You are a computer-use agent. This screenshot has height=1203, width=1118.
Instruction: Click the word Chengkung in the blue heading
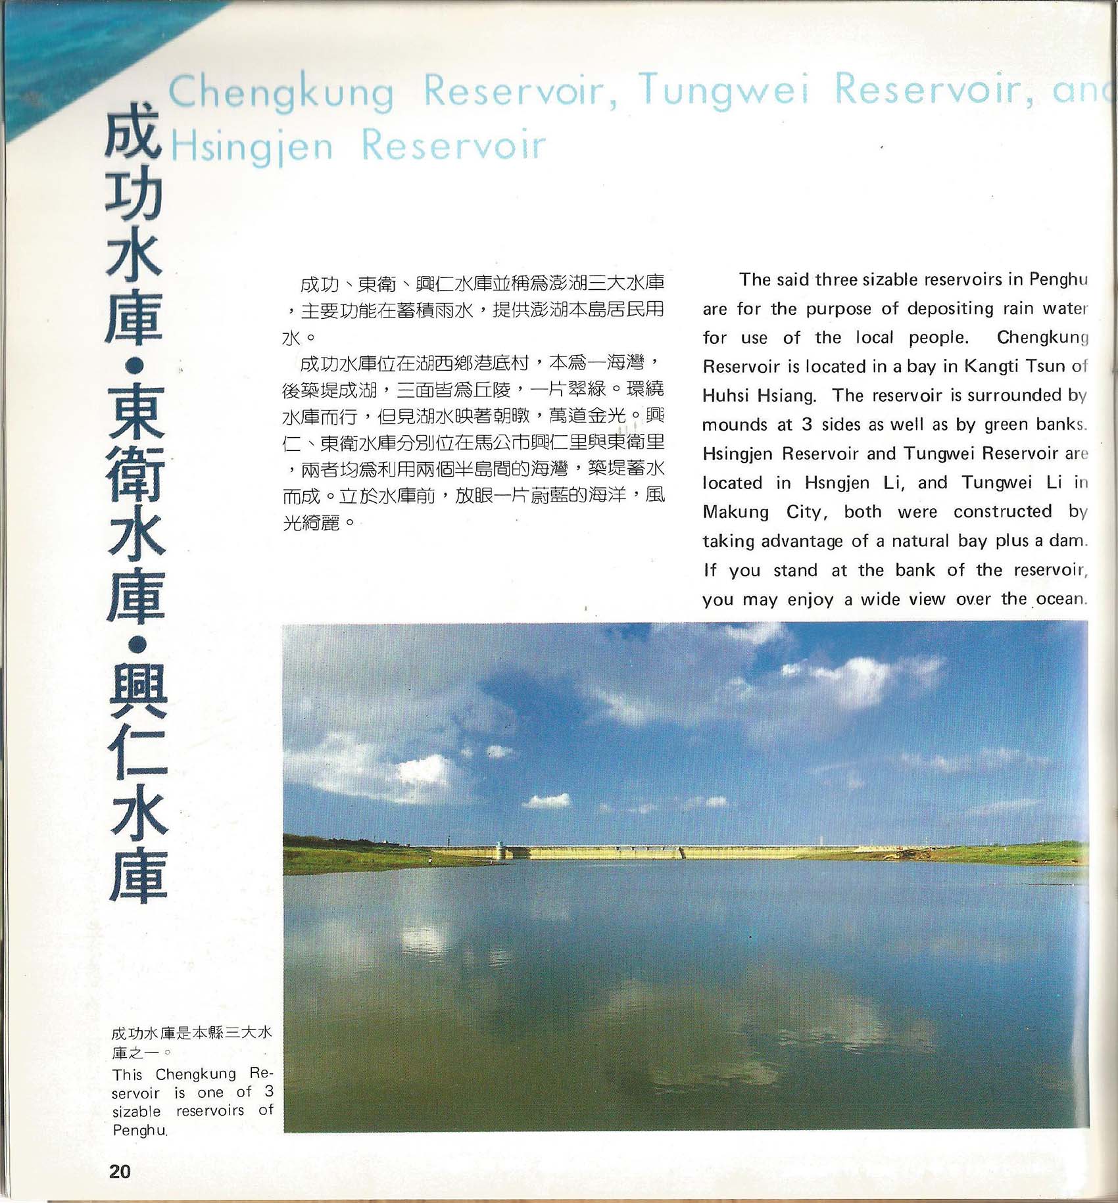281,91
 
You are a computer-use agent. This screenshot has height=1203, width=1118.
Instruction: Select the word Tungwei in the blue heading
723,89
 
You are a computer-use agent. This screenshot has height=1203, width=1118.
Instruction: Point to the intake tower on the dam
503,849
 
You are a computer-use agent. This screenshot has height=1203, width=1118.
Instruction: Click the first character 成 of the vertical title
133,131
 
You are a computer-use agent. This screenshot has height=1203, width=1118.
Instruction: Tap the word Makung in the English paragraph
735,512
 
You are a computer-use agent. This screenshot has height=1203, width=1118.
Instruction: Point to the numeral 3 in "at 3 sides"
807,425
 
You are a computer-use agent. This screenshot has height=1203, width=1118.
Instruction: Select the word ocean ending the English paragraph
1059,599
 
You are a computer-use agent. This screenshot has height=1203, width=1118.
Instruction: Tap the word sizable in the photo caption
136,1112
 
